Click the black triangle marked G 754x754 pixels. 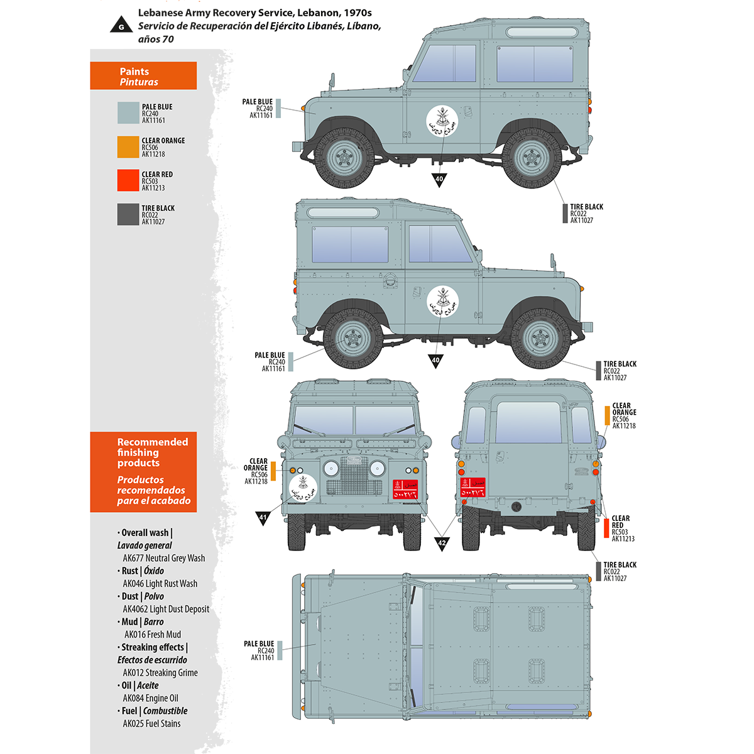121,26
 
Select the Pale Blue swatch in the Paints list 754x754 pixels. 128,113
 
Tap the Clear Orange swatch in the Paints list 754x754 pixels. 128,147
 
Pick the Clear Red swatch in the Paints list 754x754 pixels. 128,180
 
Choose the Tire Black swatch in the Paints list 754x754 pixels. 128,214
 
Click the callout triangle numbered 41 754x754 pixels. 263,518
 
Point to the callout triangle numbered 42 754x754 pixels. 442,543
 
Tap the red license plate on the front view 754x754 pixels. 405,489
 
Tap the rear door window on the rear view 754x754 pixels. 528,422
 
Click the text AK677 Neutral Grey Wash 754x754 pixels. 163,558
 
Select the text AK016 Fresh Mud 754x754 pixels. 152,635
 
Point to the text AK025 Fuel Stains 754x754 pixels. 151,724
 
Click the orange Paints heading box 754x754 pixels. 143,76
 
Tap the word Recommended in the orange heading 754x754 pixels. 153,442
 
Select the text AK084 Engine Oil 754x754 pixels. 151,698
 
